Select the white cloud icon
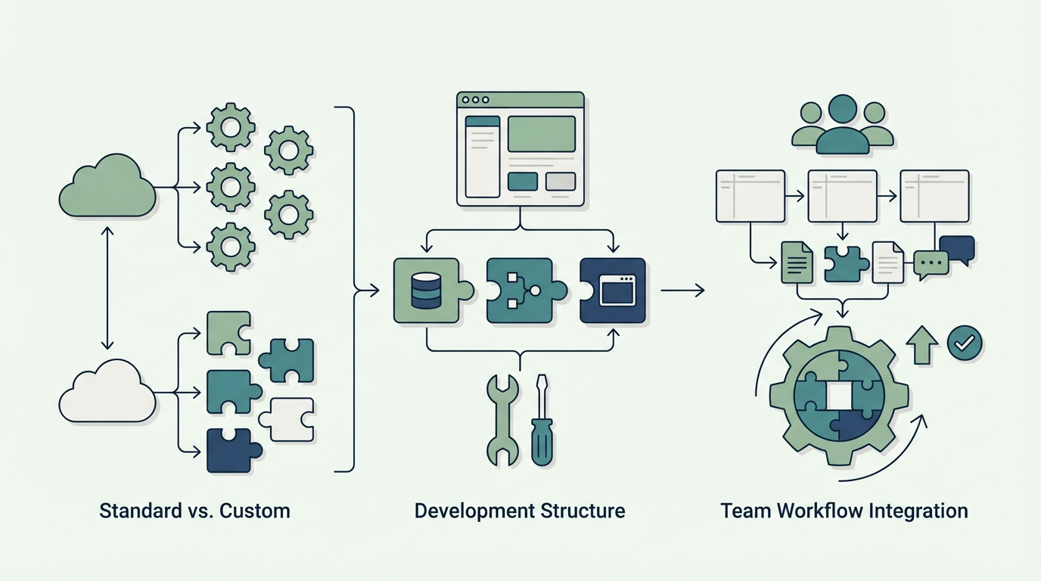107,393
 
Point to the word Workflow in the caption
816,511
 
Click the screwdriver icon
541,420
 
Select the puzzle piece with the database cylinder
427,291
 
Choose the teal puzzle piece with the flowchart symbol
520,291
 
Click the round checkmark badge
965,343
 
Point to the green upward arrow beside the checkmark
922,346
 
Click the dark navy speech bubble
957,249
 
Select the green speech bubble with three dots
930,264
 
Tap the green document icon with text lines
797,263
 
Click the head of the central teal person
842,109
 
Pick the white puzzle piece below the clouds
288,419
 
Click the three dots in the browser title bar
475,100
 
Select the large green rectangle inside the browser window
541,134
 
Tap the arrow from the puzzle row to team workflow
682,290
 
